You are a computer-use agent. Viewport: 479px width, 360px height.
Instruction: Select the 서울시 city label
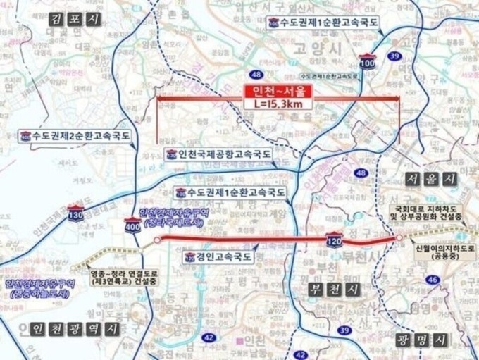pos(431,179)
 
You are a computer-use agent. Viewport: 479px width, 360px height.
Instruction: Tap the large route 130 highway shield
pos(75,215)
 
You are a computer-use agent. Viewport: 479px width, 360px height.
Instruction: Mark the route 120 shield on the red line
pos(334,240)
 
